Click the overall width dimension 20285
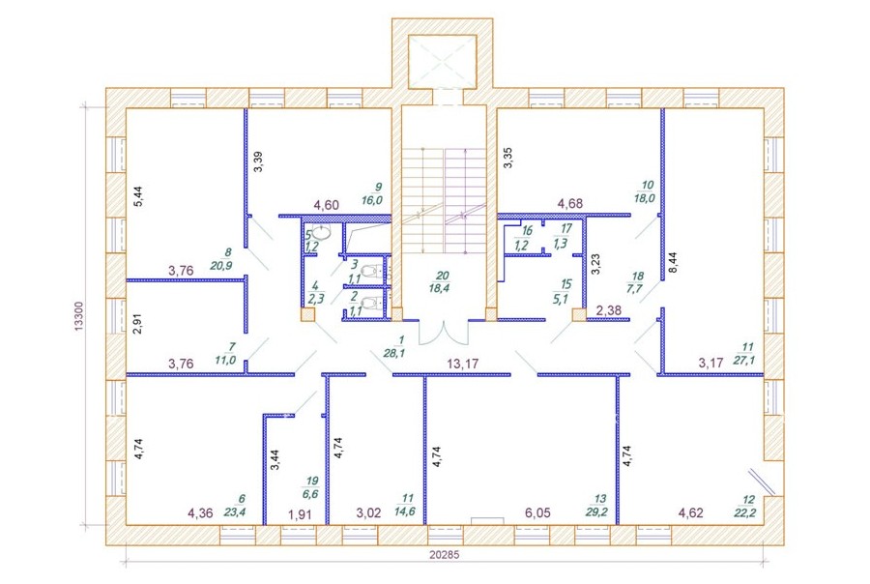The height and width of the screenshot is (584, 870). (x=444, y=554)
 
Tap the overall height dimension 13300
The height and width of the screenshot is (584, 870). (x=79, y=317)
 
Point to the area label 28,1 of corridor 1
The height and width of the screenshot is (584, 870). (x=394, y=352)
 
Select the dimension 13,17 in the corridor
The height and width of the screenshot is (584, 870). (x=463, y=365)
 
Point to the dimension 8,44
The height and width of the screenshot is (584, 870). (x=673, y=262)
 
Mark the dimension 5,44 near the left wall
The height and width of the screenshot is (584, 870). (x=138, y=196)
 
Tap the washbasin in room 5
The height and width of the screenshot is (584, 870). (x=321, y=232)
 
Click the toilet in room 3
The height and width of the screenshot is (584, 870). (x=369, y=272)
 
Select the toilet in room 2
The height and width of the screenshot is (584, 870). (x=369, y=304)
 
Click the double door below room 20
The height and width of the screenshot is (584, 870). (x=444, y=332)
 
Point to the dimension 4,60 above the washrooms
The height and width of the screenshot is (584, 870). (x=327, y=205)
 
